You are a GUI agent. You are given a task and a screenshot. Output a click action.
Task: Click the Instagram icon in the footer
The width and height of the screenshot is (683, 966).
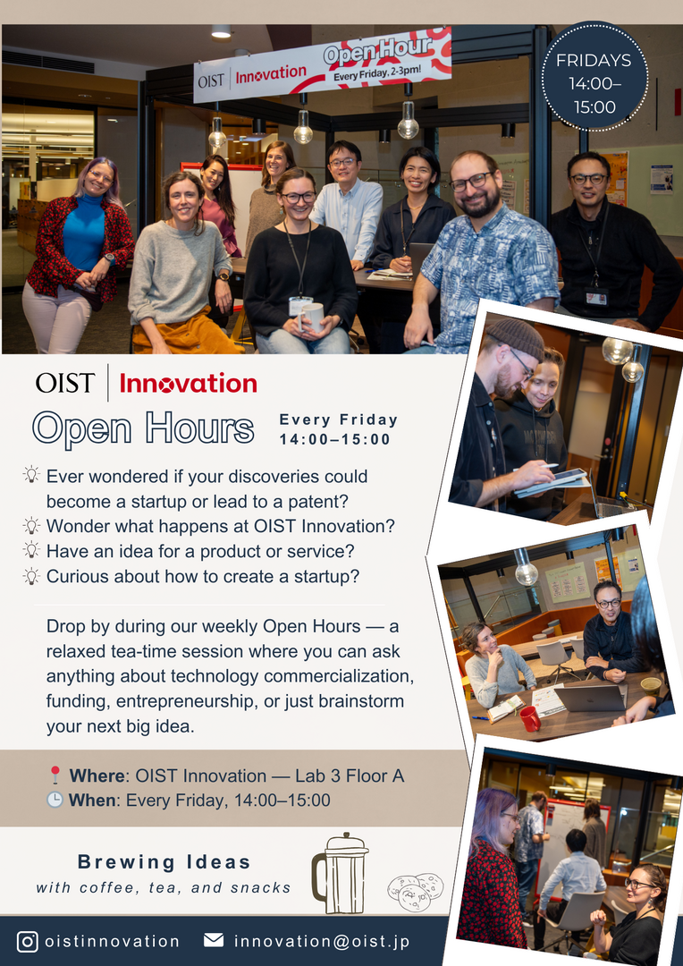click(x=27, y=941)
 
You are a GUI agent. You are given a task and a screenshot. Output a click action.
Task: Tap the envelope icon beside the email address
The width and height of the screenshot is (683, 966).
click(x=214, y=941)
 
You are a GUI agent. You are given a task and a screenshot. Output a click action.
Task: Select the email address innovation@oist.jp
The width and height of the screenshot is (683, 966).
click(x=322, y=941)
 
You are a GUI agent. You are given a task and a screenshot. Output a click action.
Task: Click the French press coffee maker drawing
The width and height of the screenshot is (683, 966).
click(x=340, y=872)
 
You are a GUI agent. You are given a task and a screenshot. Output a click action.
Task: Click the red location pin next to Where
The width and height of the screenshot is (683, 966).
click(x=55, y=775)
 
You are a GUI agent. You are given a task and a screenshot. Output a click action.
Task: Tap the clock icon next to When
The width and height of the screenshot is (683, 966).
click(x=55, y=801)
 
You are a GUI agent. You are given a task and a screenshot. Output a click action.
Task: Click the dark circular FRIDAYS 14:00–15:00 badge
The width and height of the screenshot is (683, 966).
click(x=594, y=76)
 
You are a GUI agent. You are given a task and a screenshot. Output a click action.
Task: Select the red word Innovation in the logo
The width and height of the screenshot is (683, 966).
click(x=188, y=384)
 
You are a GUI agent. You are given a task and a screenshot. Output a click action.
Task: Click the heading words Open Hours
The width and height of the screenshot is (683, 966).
click(x=143, y=428)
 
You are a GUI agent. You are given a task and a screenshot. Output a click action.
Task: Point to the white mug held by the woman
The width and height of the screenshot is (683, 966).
click(x=312, y=317)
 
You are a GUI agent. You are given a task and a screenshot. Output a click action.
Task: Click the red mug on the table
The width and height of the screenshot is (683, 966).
click(x=529, y=718)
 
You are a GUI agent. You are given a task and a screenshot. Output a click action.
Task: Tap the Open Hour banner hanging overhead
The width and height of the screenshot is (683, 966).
click(x=322, y=64)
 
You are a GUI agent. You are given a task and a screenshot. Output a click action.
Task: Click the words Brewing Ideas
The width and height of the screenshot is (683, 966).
click(x=164, y=862)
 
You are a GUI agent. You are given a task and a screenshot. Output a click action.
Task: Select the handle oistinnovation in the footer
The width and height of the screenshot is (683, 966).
click(x=112, y=941)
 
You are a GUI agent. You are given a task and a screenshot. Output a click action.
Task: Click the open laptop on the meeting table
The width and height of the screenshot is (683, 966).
click(x=590, y=698)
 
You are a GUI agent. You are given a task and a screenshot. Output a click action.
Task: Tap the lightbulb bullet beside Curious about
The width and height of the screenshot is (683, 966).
click(x=30, y=576)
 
